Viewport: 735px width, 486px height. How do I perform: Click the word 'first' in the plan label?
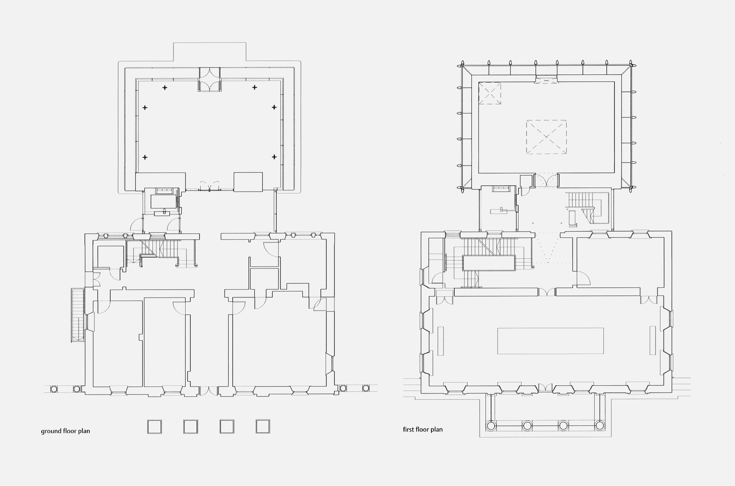pos(409,429)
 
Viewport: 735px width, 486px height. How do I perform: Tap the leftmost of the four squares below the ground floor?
pos(154,427)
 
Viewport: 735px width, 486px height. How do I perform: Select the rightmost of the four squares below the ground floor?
pos(263,427)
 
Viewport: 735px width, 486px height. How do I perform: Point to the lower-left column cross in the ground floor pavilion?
pos(145,157)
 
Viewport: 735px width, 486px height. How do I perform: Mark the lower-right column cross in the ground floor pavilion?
pos(274,157)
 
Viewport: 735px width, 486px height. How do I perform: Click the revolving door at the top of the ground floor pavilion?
pos(210,79)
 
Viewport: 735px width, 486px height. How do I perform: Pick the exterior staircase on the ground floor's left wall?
pos(78,315)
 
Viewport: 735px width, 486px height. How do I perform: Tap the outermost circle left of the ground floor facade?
pos(54,388)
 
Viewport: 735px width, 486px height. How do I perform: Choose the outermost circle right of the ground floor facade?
pos(366,388)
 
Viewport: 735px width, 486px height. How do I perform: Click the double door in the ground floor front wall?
pos(209,391)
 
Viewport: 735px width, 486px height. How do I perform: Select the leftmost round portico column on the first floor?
pos(491,426)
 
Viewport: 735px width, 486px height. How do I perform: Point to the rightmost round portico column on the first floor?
pos(599,426)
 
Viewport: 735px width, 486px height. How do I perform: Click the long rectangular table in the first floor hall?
pos(551,341)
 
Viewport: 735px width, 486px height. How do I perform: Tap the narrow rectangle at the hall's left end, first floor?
pos(441,341)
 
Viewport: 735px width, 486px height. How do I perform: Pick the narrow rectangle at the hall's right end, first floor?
pos(652,341)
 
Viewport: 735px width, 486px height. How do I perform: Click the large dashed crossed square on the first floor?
pos(546,137)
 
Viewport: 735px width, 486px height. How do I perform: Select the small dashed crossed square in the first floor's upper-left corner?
pos(490,94)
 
